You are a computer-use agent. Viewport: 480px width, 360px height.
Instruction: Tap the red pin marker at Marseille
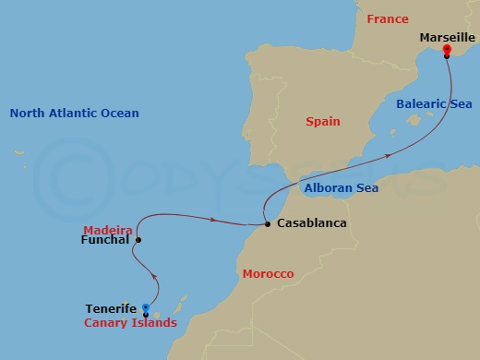[447, 50]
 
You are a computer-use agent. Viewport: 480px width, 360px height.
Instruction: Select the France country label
[387, 19]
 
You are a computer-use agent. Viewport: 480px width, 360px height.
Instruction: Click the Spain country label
[323, 122]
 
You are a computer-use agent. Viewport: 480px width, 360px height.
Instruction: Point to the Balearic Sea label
[434, 104]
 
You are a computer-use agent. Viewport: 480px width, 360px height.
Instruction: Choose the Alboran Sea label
[341, 188]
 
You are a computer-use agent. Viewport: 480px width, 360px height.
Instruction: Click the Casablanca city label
[311, 223]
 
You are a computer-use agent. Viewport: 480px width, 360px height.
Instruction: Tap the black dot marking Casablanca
[268, 223]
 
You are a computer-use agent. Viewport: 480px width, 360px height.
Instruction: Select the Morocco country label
[268, 274]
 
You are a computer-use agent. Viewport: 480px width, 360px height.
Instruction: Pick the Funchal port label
[103, 242]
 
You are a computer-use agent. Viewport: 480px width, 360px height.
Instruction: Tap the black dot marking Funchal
[138, 241]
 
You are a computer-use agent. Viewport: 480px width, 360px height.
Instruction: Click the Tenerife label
[111, 309]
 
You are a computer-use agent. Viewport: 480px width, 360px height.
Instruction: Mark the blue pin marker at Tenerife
[146, 310]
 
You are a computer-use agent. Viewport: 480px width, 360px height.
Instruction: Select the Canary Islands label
[130, 323]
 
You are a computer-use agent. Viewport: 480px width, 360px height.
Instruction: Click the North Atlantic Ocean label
[74, 114]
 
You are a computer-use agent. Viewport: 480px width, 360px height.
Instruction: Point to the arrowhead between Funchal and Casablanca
[213, 220]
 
